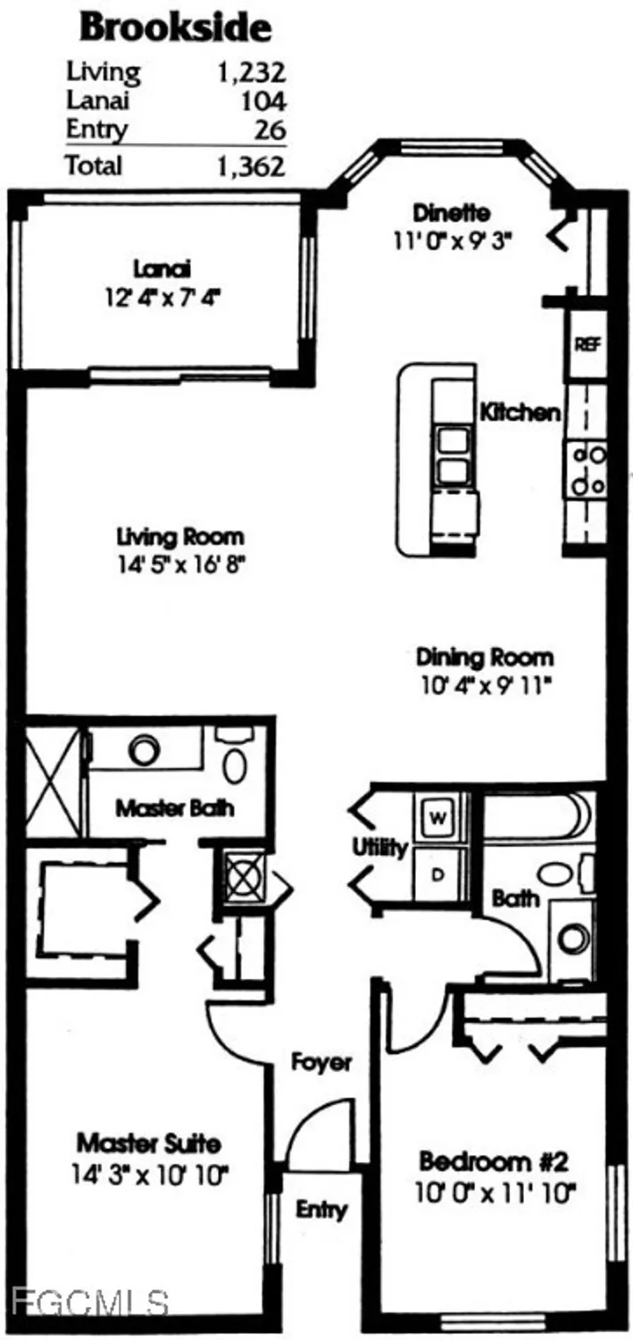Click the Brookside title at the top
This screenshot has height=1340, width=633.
175,28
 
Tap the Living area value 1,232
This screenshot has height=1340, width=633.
251,71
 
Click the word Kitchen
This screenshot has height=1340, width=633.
521,412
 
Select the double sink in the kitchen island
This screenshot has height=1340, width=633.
454,456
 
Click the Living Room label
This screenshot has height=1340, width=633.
180,538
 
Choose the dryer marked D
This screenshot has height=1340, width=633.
438,875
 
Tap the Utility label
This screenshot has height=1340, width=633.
380,848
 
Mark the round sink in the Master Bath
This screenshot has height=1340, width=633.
143,750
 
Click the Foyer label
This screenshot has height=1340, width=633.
322,1062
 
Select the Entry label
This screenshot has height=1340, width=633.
321,1210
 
